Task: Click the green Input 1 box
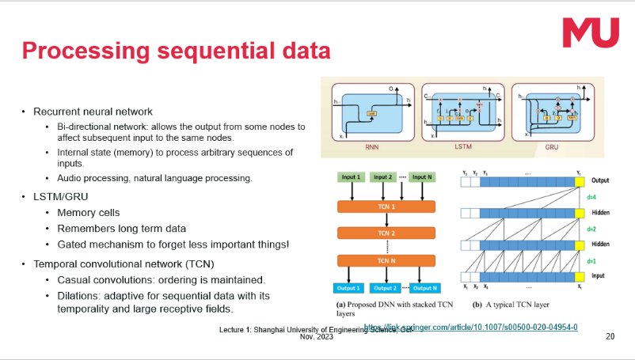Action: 351,176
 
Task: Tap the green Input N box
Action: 421,176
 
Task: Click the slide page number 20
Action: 610,336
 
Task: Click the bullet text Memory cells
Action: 89,213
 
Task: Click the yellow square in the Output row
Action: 580,182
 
